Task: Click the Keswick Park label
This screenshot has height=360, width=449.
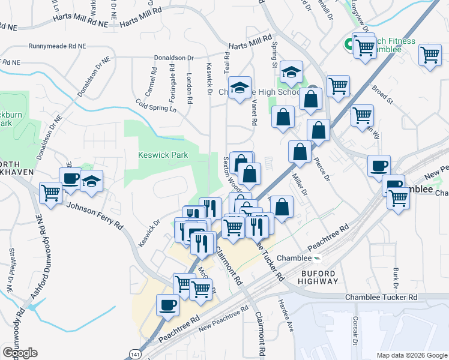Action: coord(163,155)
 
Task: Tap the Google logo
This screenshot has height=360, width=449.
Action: coord(20,352)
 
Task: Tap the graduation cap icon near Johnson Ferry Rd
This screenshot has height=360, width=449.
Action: coord(91,182)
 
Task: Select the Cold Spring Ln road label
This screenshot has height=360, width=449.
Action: coord(157,106)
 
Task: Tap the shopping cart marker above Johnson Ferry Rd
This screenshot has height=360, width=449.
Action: coord(51,193)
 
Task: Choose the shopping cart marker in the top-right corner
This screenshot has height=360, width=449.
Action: coord(430,55)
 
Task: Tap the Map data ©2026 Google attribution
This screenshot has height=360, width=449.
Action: coord(411,355)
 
